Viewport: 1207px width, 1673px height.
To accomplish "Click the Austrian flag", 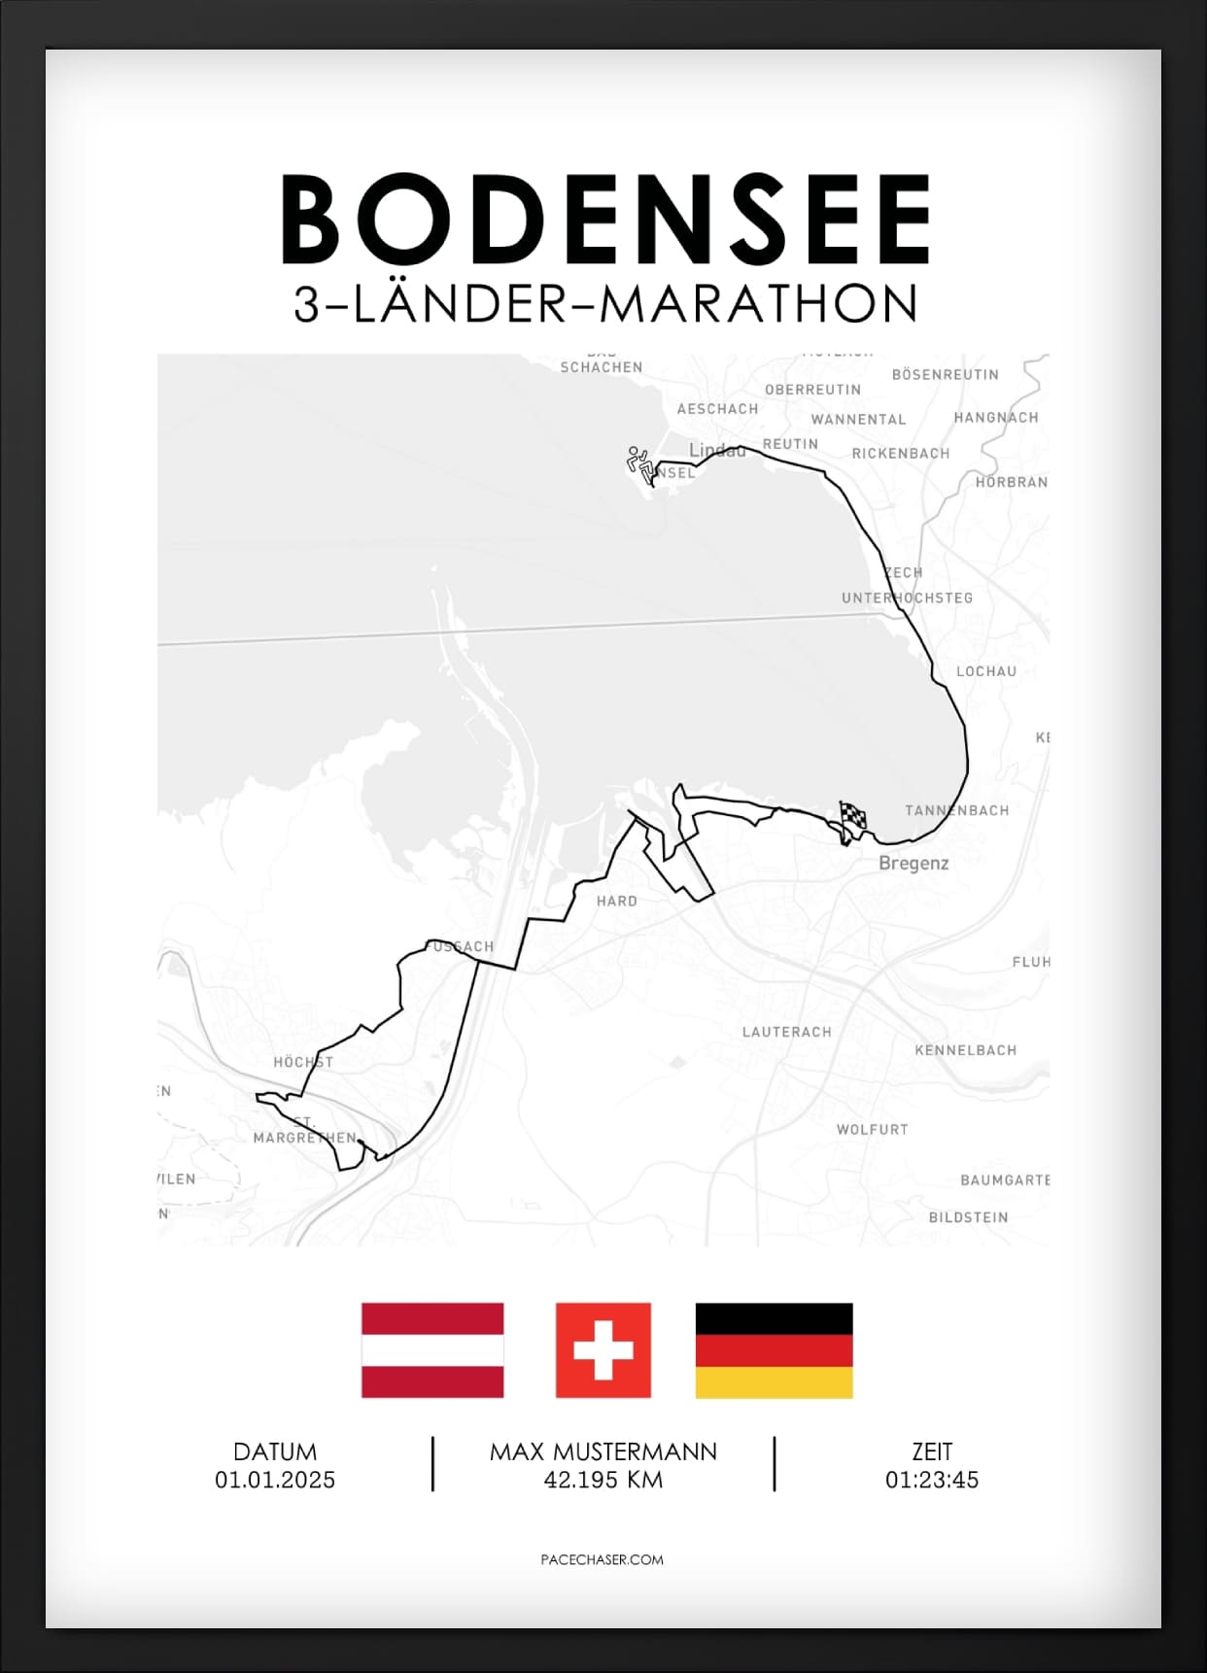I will click(x=432, y=1349).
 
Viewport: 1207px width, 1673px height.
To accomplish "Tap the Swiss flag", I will click(x=603, y=1349).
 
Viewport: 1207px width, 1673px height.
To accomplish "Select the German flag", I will click(x=774, y=1349).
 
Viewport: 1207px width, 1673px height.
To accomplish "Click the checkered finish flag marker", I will click(x=852, y=818).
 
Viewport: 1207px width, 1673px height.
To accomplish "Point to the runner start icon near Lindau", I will click(x=639, y=462).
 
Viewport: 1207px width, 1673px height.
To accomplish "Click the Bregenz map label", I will click(x=914, y=863).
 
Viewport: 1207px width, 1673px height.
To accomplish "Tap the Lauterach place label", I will click(x=786, y=1032).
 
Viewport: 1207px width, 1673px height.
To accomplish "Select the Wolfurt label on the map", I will click(x=872, y=1129).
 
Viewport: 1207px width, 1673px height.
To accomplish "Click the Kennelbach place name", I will click(x=965, y=1050).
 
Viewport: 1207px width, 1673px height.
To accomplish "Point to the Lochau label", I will click(x=985, y=671).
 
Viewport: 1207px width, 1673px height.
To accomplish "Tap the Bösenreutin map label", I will click(x=945, y=374).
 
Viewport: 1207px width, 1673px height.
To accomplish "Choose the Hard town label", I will click(x=617, y=901).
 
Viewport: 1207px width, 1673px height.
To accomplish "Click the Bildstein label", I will click(x=968, y=1217).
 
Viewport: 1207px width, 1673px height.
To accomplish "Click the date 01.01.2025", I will click(x=275, y=1480).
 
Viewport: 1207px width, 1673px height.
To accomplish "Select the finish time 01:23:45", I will click(x=931, y=1480).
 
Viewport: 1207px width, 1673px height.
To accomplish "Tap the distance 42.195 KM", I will click(x=603, y=1480).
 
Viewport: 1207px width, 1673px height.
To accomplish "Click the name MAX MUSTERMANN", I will click(x=603, y=1451).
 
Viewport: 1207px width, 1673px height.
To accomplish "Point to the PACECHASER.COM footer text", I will click(x=602, y=1559).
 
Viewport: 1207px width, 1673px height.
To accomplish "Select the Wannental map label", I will click(x=858, y=420).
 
